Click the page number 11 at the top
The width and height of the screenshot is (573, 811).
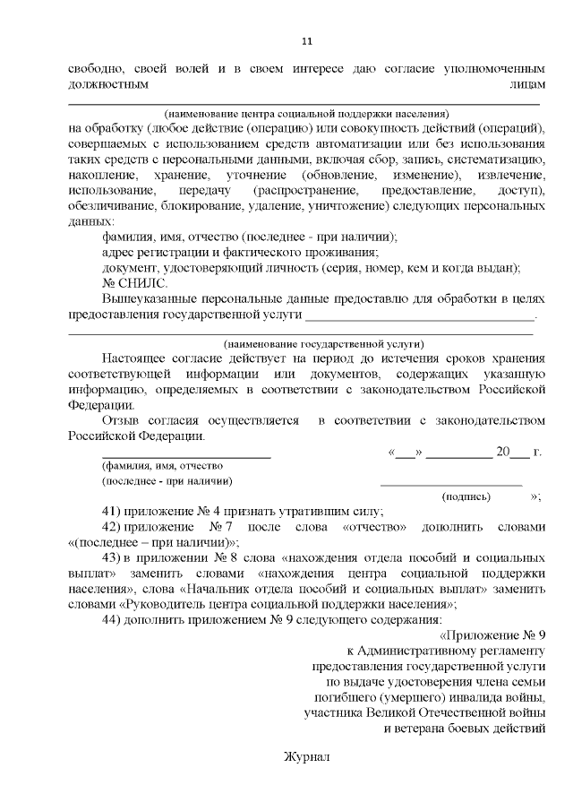click(306, 41)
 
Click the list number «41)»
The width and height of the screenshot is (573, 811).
click(113, 512)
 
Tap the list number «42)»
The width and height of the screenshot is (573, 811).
click(113, 527)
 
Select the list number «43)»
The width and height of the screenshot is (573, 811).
click(113, 557)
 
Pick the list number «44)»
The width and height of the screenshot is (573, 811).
click(113, 618)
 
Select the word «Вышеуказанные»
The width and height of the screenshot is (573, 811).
click(153, 298)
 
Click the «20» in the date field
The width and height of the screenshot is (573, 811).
click(503, 452)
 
